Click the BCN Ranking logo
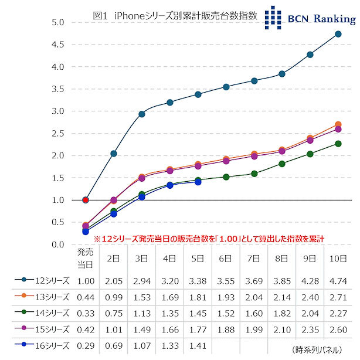coord(310,18)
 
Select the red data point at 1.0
coord(86,200)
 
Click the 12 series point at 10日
coord(338,34)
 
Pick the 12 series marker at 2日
coord(114,154)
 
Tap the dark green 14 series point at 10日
coord(338,144)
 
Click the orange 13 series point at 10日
coord(338,124)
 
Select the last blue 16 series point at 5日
coord(198,182)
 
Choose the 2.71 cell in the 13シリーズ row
coord(338,297)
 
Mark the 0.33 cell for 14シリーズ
coord(86,314)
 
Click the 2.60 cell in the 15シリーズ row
coord(338,331)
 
